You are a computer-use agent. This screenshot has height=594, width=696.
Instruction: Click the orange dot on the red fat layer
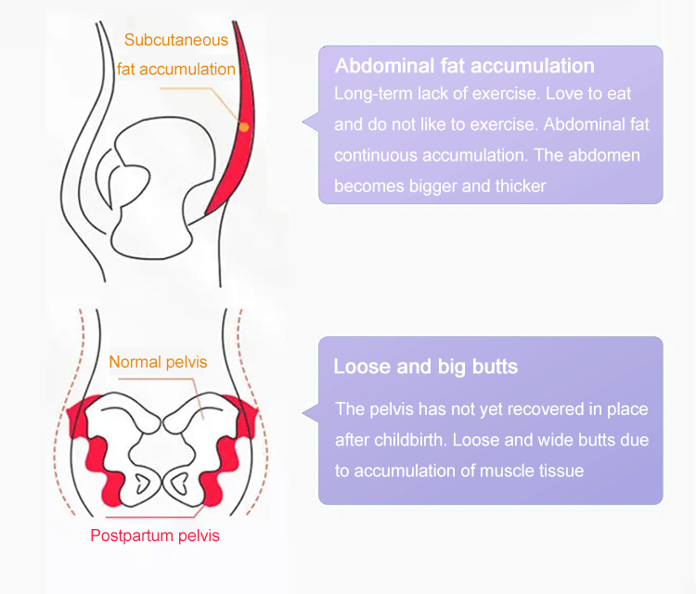(x=244, y=127)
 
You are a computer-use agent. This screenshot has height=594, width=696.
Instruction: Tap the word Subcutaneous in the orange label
(x=176, y=40)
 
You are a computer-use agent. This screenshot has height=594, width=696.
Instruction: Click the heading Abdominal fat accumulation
(x=465, y=66)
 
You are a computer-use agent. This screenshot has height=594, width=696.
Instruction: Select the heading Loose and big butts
(x=426, y=367)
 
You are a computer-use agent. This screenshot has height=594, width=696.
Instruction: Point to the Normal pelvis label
(x=158, y=362)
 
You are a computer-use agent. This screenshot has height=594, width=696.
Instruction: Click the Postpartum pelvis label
(x=155, y=536)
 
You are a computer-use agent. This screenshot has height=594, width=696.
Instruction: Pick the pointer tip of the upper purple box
(x=303, y=122)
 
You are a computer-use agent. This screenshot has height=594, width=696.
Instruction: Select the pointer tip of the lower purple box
(x=303, y=412)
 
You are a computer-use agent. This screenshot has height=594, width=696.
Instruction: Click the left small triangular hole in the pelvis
(x=142, y=483)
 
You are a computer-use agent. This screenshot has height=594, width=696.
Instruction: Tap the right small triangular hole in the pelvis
(x=180, y=483)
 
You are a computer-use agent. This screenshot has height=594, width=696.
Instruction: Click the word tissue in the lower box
(x=563, y=471)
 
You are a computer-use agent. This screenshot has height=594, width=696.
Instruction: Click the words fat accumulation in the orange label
(x=176, y=70)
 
